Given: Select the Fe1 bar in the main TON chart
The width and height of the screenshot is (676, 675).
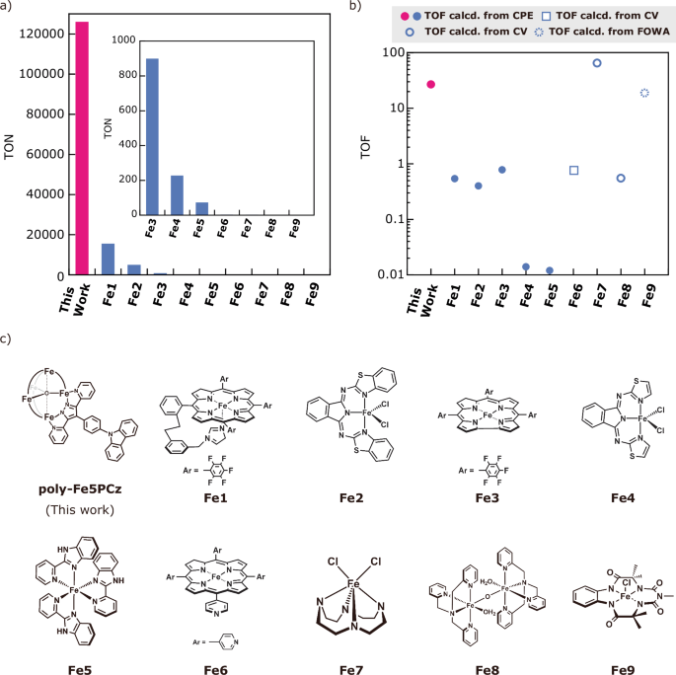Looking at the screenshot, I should point(109,260).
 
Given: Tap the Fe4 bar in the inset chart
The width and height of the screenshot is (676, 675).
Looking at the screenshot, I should point(178,194).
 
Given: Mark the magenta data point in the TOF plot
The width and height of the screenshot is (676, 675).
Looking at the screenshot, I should point(430,85).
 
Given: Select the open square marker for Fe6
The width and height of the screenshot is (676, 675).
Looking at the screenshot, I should point(573,171).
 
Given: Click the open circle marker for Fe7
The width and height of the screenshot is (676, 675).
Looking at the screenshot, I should point(597,63).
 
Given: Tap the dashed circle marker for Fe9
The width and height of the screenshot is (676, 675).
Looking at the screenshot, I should point(644,93).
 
